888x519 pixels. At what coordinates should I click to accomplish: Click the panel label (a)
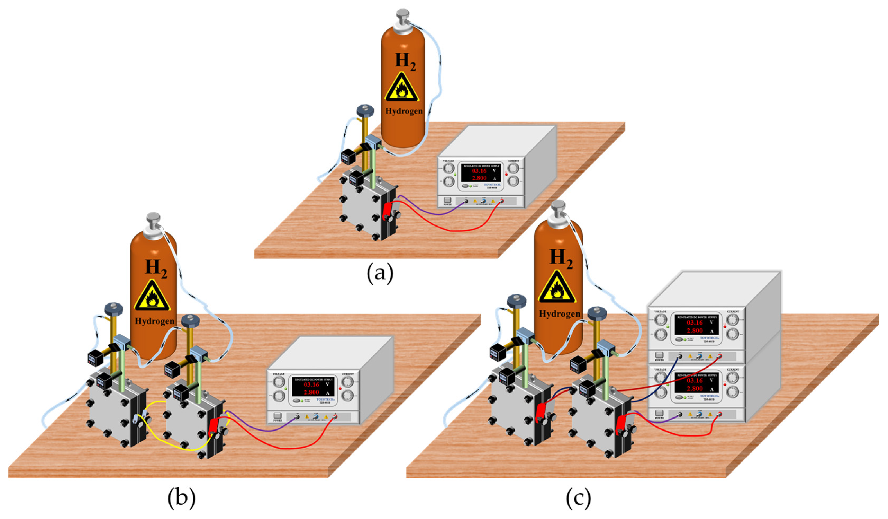point(380,274)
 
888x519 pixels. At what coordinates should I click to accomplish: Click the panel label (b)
point(181,498)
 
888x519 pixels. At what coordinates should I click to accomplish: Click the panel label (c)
point(578,498)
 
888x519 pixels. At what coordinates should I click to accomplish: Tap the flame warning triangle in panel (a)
point(401,88)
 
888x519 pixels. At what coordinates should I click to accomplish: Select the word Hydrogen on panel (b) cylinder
point(154,321)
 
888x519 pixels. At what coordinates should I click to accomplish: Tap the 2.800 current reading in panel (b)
point(311,392)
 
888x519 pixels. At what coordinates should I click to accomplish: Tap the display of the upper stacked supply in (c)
point(695,326)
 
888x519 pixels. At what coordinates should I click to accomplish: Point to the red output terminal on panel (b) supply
point(335,417)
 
